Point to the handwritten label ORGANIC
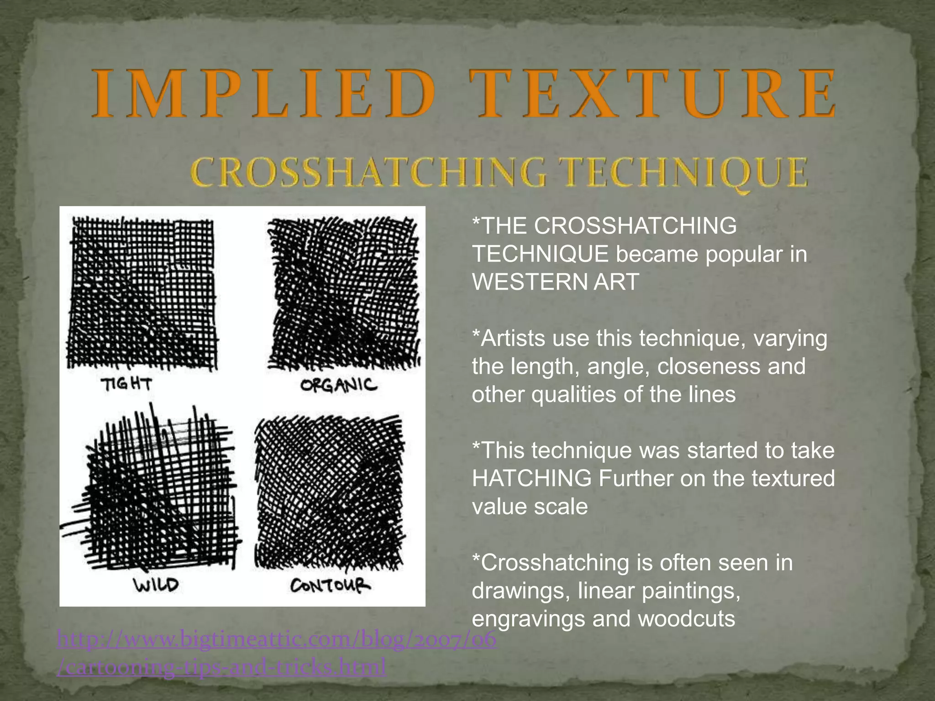339,386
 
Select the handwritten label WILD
156,585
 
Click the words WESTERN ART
555,282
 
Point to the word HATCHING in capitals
532,479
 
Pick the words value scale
530,507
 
